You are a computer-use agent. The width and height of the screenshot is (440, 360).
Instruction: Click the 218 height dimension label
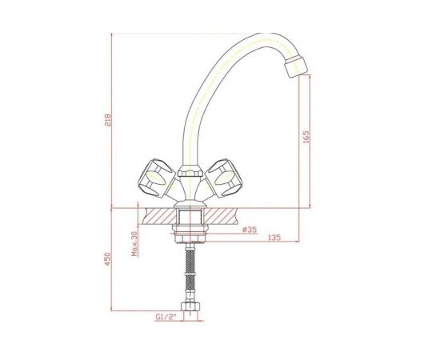(108, 120)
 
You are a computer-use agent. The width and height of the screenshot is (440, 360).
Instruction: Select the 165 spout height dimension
(306, 137)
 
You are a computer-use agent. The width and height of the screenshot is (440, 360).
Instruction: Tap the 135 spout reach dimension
(274, 238)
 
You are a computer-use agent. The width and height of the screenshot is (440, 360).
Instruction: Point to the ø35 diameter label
(250, 230)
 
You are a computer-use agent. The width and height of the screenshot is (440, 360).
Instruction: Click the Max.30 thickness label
(135, 243)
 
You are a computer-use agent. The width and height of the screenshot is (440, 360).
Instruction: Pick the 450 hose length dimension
(108, 259)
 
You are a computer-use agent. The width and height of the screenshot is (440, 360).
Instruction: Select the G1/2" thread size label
(166, 317)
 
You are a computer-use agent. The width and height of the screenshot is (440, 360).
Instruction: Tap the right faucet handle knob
(224, 178)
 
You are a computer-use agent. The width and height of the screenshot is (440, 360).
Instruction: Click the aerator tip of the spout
(296, 66)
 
